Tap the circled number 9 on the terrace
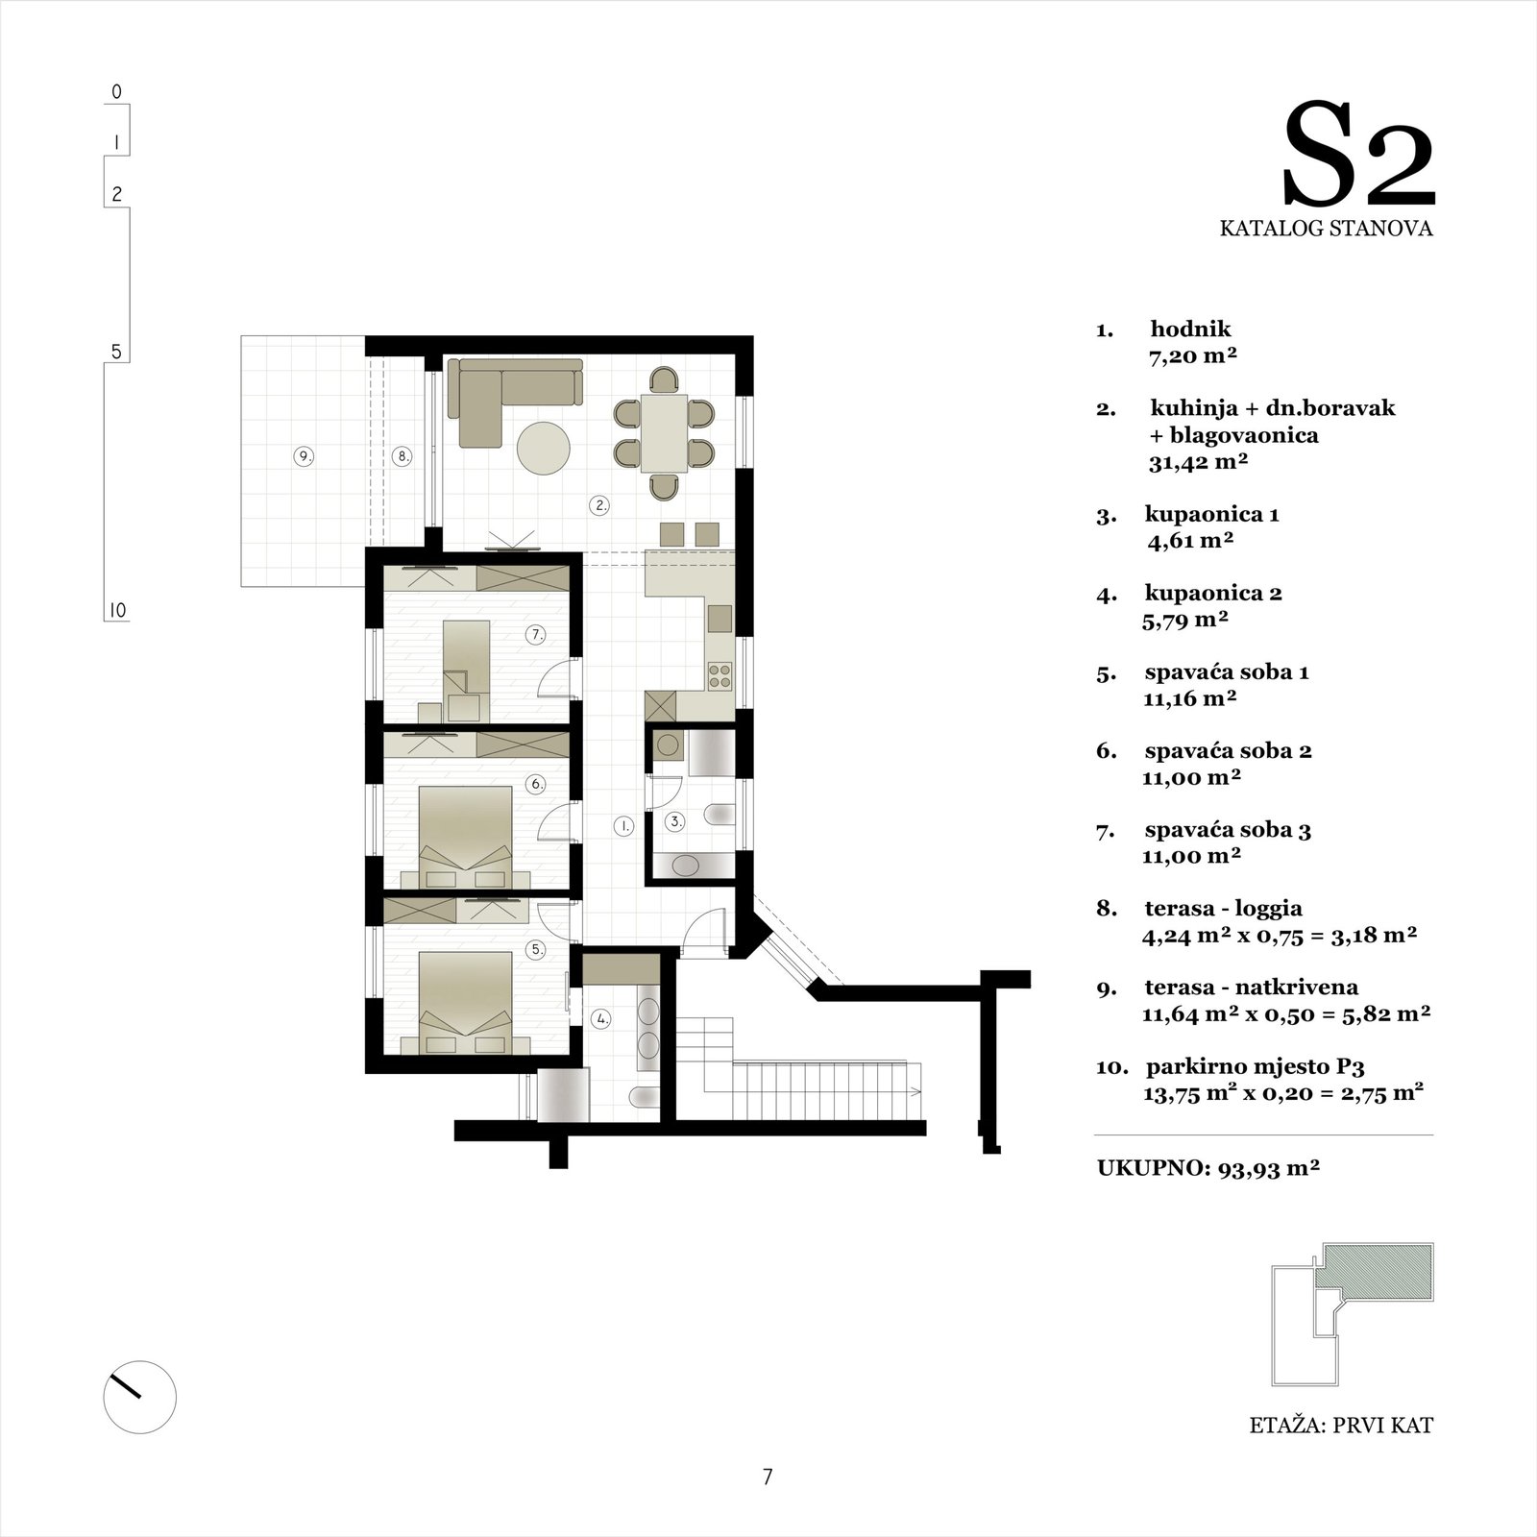pos(305,457)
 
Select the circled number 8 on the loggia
pos(403,457)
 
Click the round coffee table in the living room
pos(543,449)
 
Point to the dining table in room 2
pos(664,431)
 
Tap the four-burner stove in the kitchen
pos(720,675)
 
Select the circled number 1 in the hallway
pos(623,824)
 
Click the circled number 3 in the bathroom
pos(676,821)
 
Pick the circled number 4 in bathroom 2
pos(601,1019)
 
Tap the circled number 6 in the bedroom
pos(536,784)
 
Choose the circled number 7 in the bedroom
pos(536,635)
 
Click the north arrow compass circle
pos(140,1398)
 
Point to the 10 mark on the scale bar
pos(116,611)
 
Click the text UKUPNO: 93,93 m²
pos(1208,1168)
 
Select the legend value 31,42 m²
pos(1198,462)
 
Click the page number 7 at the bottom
pos(768,1477)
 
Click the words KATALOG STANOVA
pos(1326,229)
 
